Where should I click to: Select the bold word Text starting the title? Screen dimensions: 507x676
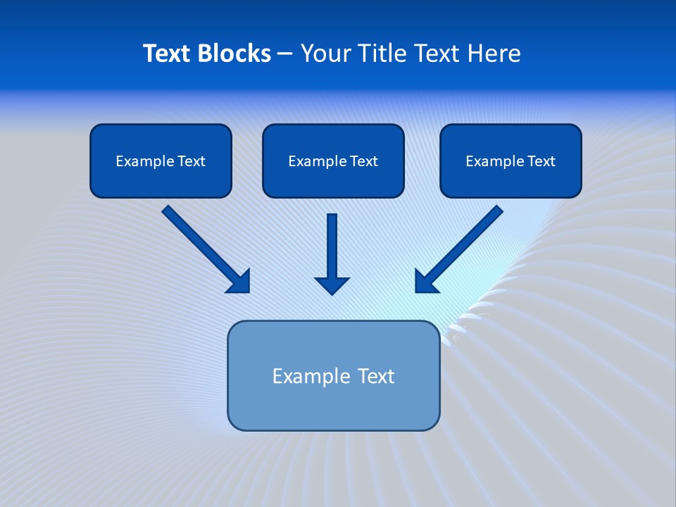click(x=169, y=54)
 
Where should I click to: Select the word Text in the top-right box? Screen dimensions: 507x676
click(x=542, y=161)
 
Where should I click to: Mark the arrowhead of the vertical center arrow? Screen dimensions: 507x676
click(x=332, y=284)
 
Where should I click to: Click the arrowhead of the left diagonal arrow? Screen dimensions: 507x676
click(x=239, y=282)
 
